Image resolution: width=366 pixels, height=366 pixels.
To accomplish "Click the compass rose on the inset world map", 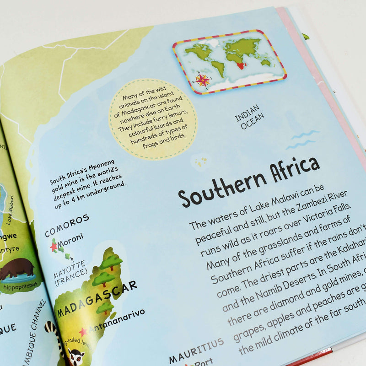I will coord(202,80).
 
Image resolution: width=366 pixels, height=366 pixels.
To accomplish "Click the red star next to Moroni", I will coord(54,247).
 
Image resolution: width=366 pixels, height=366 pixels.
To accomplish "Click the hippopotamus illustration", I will coord(16,269).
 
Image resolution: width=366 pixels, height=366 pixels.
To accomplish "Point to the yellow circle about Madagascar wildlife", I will coord(153,118).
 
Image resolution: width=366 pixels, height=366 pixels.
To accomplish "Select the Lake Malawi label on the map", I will coord(10,210).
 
